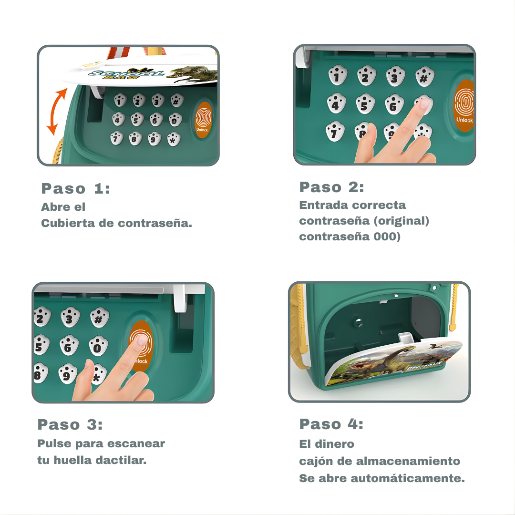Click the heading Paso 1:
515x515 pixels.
click(x=75, y=189)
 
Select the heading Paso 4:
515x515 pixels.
click(x=331, y=424)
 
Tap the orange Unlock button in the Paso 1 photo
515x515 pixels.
click(x=204, y=120)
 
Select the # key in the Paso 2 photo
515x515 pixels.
click(x=424, y=76)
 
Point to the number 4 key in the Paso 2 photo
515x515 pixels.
click(x=336, y=104)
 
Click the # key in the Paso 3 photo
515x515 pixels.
click(x=99, y=319)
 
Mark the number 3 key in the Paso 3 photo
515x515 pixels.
click(x=70, y=318)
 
